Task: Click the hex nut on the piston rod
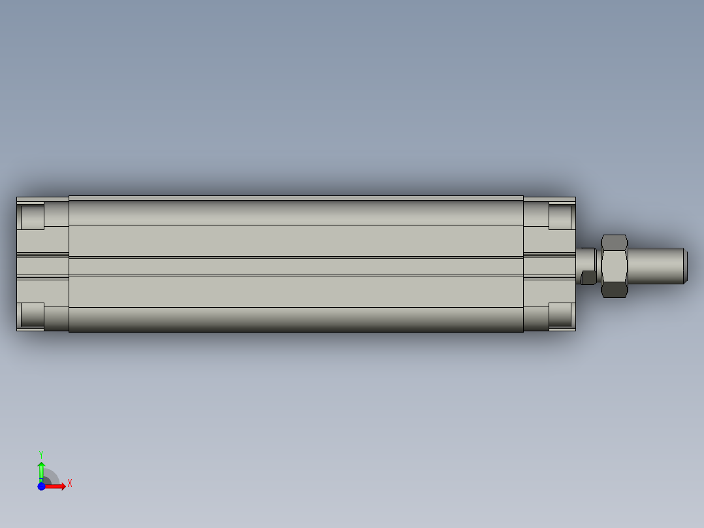614,266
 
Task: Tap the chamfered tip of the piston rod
685,266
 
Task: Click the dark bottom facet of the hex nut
614,289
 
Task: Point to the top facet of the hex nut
614,242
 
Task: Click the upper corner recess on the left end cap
32,216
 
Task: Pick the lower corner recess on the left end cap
32,315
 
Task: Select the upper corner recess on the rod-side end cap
560,216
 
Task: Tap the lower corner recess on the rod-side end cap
560,315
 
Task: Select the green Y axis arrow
41,470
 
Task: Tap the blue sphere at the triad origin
41,486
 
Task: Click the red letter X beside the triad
70,483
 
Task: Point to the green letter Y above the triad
41,454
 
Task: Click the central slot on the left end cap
42,266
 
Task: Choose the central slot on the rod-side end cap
549,266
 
